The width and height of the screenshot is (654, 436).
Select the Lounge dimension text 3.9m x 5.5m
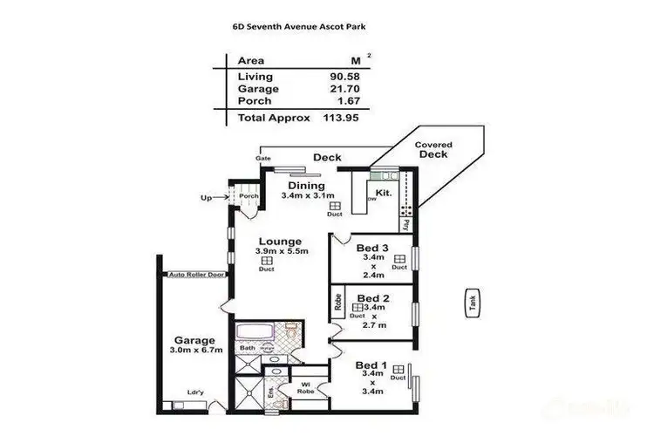(279, 251)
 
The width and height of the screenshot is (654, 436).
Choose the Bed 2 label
(372, 298)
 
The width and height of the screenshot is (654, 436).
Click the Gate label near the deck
(262, 158)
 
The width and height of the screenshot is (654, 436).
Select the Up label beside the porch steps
(206, 198)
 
